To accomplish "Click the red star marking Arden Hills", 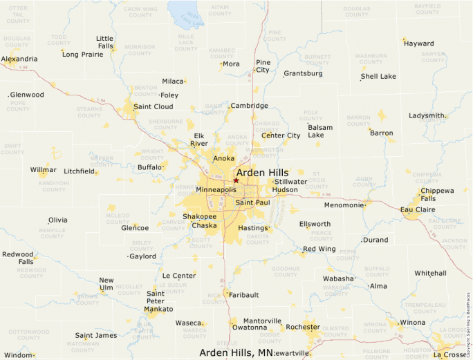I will coord(236,180).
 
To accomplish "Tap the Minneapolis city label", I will coord(216,189).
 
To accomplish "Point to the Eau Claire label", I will coord(417,209).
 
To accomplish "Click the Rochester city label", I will coord(303,327).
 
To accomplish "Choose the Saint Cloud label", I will coord(154,106).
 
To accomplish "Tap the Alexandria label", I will coord(19,59).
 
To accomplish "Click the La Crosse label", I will coord(449,355).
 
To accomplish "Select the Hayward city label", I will coord(419,44).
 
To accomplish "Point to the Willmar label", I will coord(44,169).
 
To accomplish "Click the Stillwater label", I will coord(290,182).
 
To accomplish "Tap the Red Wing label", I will coord(319,249).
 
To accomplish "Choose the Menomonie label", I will coord(344,205).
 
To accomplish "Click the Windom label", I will coord(18,355).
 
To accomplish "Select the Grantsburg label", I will coord(303,73).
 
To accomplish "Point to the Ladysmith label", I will coord(427,115).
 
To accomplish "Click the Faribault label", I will coord(244,295).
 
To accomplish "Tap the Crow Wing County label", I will coord(139,12).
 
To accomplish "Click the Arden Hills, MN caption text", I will coord(236,353).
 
